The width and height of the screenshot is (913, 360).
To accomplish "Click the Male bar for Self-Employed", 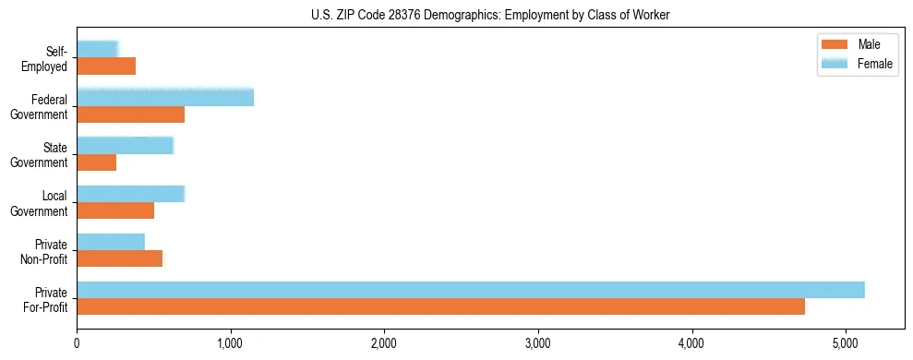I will click(x=106, y=66).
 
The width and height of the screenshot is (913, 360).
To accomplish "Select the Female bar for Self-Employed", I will click(x=97, y=49).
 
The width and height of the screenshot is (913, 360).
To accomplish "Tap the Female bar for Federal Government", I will click(x=164, y=97).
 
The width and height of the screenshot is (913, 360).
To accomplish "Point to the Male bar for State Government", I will click(x=96, y=162).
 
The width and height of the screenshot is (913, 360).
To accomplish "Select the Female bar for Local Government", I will click(x=130, y=193).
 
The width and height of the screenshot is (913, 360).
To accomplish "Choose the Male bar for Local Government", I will click(x=115, y=210).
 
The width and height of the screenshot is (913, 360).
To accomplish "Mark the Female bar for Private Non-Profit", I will click(x=111, y=242).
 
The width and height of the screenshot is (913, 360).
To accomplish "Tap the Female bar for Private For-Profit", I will click(x=470, y=290).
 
